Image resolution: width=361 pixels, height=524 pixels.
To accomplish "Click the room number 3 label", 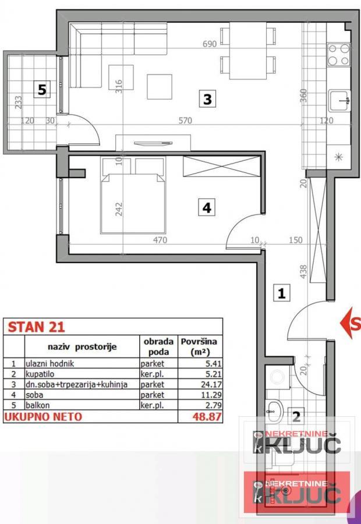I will point(207,100).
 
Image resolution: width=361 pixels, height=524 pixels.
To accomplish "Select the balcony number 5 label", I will point(41,90).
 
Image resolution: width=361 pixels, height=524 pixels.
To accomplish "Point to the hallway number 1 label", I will point(281,292).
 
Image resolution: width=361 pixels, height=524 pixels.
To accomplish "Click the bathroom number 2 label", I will point(296,416).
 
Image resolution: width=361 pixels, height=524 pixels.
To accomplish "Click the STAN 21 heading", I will point(27,327).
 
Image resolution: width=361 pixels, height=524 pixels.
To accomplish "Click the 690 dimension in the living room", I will point(209,44).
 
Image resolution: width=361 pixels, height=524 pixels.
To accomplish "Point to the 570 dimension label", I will point(185,121).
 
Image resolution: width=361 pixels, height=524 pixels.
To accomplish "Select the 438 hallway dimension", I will point(303,272).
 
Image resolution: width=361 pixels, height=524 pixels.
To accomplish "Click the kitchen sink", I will point(339,101).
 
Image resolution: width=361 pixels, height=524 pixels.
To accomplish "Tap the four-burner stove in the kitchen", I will point(338,54).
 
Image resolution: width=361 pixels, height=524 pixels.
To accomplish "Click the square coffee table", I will point(159,86).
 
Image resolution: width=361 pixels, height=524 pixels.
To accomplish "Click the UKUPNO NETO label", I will point(44,417).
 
